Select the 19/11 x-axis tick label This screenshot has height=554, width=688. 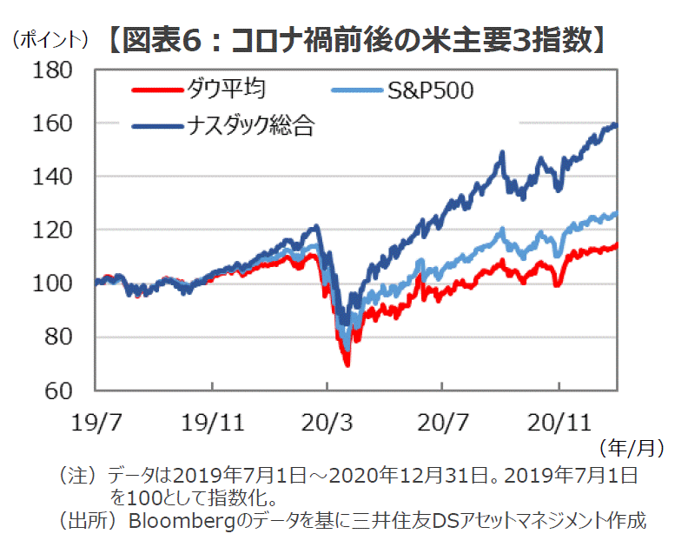pos(212,422)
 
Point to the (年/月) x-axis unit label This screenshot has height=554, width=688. pos(632,449)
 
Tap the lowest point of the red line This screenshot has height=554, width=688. pos(347,364)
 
